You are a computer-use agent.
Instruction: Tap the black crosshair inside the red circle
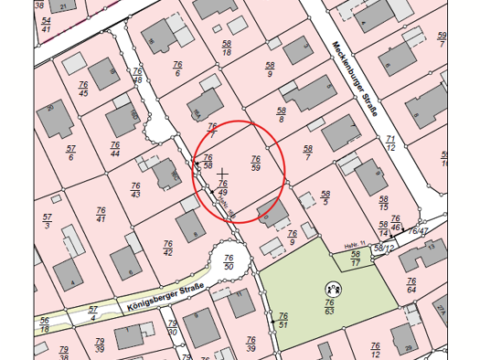click(222, 173)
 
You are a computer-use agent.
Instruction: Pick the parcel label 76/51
click(283, 320)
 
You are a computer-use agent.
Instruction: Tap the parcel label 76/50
click(229, 262)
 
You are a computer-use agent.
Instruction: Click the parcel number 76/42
click(168, 248)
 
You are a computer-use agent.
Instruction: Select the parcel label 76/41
click(101, 215)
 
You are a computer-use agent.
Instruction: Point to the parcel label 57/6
click(69, 153)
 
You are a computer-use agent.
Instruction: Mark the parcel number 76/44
click(115, 149)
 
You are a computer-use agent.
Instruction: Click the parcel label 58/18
click(226, 48)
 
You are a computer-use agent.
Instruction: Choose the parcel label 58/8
click(282, 114)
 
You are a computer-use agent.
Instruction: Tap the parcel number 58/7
click(308, 153)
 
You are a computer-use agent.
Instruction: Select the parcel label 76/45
click(83, 89)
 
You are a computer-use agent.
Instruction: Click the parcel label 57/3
click(47, 221)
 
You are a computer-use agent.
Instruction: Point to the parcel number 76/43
click(135, 189)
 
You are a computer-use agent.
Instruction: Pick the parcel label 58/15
click(383, 203)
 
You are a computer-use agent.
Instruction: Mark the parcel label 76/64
click(411, 285)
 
